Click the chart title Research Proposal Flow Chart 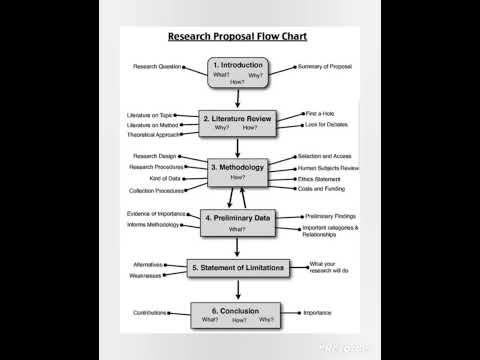[237, 36]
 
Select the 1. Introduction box [237, 72]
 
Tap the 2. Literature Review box [237, 122]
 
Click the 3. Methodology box [237, 171]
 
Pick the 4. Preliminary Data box [237, 222]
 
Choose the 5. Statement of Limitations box [237, 268]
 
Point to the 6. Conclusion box [237, 315]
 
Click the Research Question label [157, 67]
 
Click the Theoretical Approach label [154, 134]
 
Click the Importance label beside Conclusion [318, 313]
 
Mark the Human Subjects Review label [328, 168]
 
